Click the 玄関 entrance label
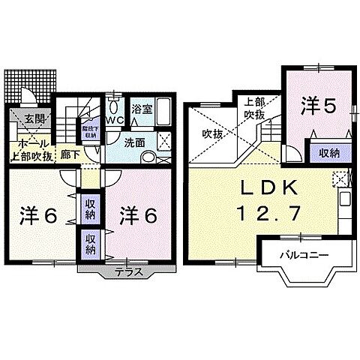tap(34, 118)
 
